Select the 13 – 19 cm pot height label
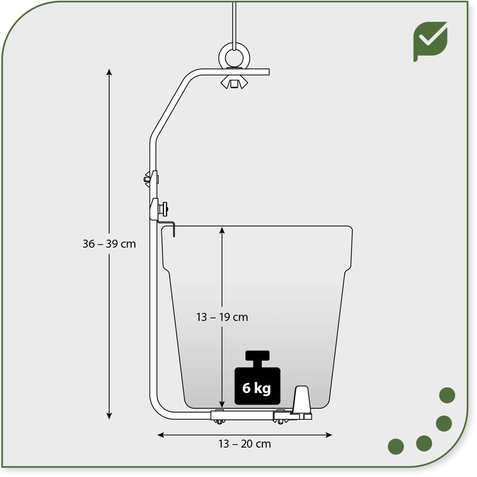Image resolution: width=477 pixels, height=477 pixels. [x=222, y=317]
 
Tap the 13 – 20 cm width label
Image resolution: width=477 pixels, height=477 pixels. [x=244, y=443]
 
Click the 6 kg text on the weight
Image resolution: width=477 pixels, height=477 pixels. [x=256, y=389]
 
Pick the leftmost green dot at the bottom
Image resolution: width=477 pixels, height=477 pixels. [x=395, y=445]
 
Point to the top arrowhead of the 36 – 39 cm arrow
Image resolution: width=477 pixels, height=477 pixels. [x=109, y=72]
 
